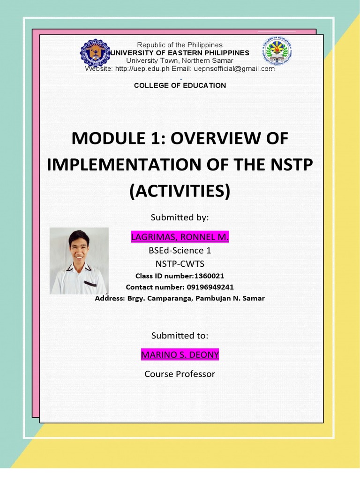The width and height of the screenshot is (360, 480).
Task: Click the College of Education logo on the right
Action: click(277, 52)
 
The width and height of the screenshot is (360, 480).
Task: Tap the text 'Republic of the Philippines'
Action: click(180, 45)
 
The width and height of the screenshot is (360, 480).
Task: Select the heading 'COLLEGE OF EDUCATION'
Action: click(180, 85)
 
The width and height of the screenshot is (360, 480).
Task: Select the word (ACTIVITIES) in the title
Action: click(180, 191)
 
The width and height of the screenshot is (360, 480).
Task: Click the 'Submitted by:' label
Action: click(180, 217)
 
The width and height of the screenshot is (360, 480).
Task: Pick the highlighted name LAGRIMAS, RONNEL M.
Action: click(180, 237)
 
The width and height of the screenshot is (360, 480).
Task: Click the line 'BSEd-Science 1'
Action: click(180, 250)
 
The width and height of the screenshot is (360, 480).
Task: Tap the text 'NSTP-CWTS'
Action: click(180, 263)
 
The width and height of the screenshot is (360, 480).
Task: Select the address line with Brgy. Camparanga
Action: click(180, 298)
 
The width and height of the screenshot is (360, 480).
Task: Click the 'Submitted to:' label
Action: click(180, 336)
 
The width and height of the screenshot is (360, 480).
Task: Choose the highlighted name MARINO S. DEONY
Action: click(180, 355)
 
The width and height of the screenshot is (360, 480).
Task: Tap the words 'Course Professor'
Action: click(180, 374)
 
